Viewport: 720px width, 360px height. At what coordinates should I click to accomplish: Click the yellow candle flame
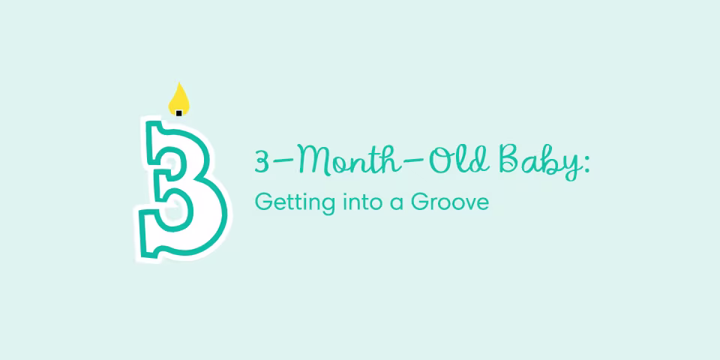pos(178,98)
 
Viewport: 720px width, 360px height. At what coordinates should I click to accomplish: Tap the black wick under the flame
pos(178,112)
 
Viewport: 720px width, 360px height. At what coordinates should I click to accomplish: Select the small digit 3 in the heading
pos(262,162)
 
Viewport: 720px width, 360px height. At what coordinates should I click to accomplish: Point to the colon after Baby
pos(586,165)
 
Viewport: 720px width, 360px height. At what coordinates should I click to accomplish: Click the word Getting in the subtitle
pos(285,202)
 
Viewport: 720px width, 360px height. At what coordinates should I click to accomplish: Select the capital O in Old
pos(431,160)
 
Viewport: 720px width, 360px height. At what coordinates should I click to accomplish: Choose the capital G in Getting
pos(262,202)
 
